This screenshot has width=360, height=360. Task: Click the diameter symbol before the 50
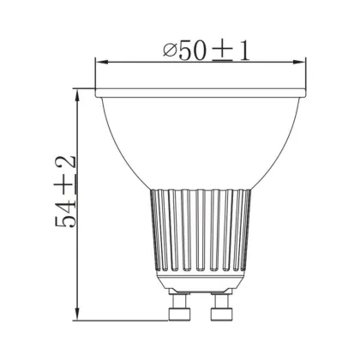[x=170, y=51]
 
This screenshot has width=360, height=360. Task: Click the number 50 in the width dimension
[x=192, y=51]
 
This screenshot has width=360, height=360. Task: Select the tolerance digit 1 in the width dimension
[x=244, y=51]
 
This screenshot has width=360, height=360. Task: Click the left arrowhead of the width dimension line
[x=102, y=62]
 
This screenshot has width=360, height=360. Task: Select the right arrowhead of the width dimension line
[x=299, y=62]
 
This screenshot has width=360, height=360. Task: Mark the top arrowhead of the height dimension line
[x=77, y=95]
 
